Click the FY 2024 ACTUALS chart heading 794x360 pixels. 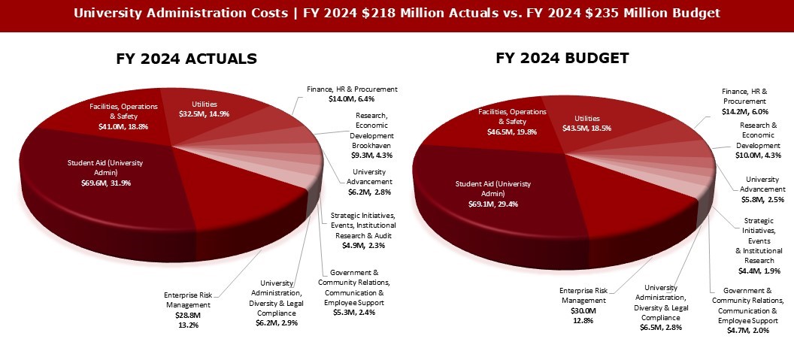186,59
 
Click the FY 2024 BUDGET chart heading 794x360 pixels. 562,58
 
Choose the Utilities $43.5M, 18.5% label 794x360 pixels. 582,123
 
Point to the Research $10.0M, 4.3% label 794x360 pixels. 757,140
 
